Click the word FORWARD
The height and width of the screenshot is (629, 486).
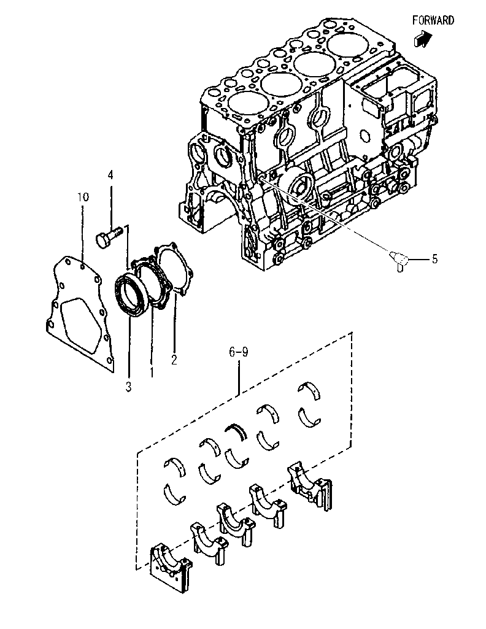click(433, 20)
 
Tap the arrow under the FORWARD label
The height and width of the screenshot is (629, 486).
click(422, 39)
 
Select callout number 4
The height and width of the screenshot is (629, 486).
click(110, 176)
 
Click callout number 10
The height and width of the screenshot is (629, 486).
click(83, 197)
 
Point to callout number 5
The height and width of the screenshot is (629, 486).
click(434, 259)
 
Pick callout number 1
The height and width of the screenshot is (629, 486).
click(152, 371)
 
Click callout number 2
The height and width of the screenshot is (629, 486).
click(174, 360)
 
